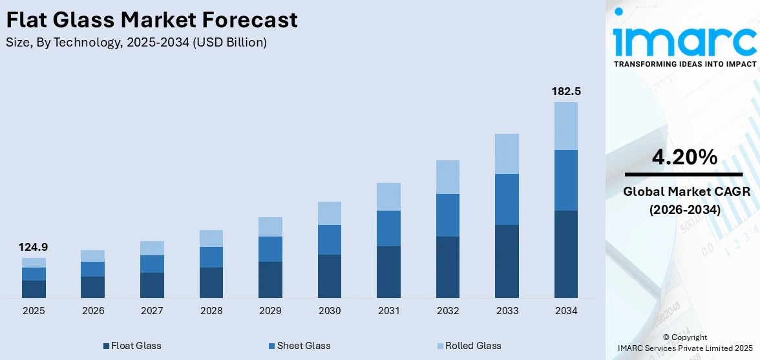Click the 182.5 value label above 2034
(x=565, y=92)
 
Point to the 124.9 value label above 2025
(x=34, y=247)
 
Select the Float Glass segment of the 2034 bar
(x=566, y=254)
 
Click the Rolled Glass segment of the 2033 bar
(x=507, y=154)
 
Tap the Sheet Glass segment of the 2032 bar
(x=448, y=215)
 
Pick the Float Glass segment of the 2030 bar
(x=330, y=276)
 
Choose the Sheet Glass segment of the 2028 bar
(x=211, y=257)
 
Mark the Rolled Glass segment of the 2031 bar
(x=388, y=196)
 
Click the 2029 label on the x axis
(x=270, y=311)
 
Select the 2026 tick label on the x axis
(x=93, y=311)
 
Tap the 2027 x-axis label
(x=152, y=311)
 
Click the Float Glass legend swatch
(x=106, y=346)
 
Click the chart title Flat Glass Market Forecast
(x=152, y=20)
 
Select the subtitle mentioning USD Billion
(x=136, y=43)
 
